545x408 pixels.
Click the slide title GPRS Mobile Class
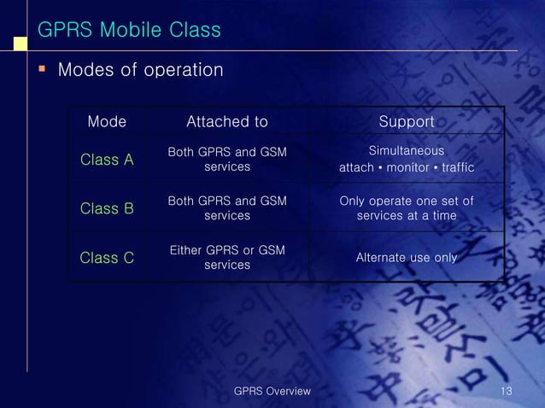click(x=129, y=31)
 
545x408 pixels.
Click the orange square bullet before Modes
click(x=40, y=68)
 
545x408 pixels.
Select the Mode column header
click(x=107, y=122)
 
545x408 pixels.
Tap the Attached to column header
click(x=226, y=122)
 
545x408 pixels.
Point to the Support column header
click(x=407, y=122)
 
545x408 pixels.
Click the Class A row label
click(x=107, y=160)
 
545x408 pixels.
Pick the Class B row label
click(x=107, y=208)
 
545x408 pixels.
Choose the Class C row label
click(x=107, y=257)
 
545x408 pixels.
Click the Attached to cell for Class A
click(x=226, y=160)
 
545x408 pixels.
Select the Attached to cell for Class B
click(x=226, y=208)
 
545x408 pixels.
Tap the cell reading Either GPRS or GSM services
click(x=226, y=257)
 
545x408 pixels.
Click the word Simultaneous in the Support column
click(x=406, y=151)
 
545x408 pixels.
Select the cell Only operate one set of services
click(x=407, y=208)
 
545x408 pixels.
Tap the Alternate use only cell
click(x=407, y=257)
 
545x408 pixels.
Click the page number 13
click(x=507, y=391)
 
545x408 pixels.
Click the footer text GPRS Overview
click(x=272, y=391)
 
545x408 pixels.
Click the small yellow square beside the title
click(x=18, y=39)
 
